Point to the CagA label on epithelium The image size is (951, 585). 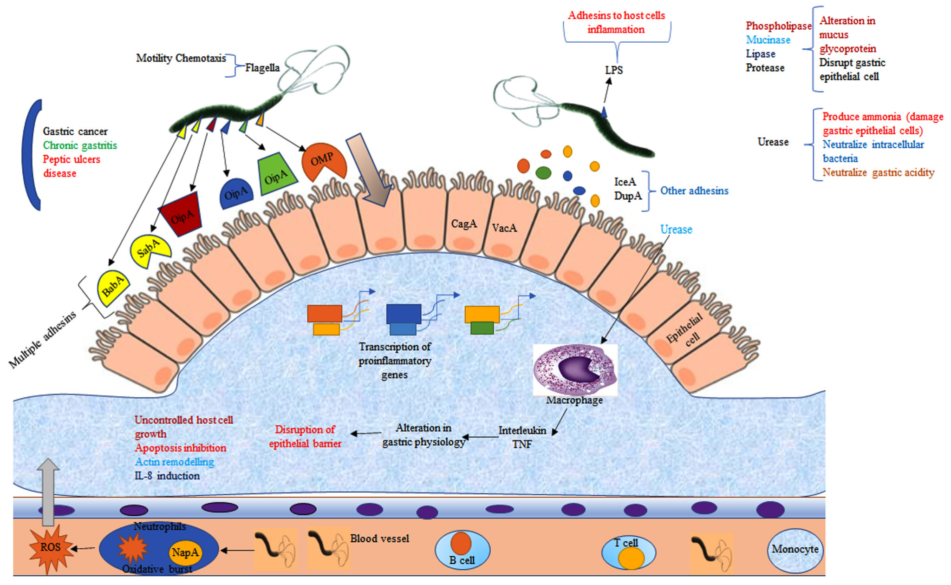point(464,224)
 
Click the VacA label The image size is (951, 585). point(504,228)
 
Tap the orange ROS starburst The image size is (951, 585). point(51,548)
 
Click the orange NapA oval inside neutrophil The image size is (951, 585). point(185,552)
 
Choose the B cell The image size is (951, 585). point(462,550)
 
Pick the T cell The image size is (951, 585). point(629,552)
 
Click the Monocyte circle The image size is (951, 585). point(795,550)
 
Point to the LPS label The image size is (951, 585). point(613,70)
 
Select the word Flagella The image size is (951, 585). point(262,68)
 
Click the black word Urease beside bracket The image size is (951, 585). point(773,142)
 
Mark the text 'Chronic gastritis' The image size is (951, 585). point(80,145)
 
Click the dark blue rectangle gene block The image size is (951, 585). point(404,314)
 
